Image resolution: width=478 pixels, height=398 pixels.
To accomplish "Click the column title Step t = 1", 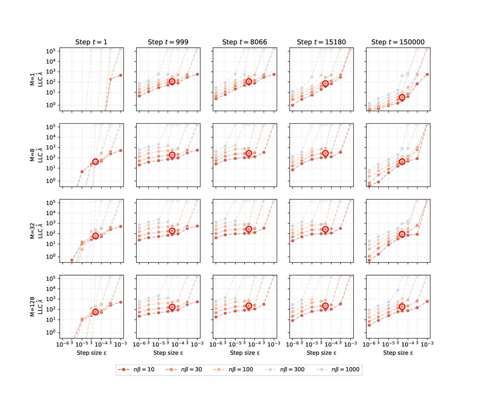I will tap(91, 42).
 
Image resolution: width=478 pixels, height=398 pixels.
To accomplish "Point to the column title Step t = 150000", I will tap(398, 42).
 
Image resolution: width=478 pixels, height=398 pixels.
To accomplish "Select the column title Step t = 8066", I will tap(245, 42).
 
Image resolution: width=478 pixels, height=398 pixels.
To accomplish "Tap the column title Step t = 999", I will tap(168, 42).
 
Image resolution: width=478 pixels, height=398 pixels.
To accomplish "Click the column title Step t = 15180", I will tap(321, 42).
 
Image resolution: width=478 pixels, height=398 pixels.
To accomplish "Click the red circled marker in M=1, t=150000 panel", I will tap(402, 97).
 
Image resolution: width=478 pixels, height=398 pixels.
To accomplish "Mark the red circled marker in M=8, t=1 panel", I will tap(96, 162).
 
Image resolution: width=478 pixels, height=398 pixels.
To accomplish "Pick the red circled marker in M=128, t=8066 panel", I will tap(249, 306).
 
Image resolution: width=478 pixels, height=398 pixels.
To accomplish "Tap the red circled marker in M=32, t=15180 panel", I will tap(325, 229).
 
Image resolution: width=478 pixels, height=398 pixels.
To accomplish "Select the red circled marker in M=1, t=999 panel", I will tap(172, 81).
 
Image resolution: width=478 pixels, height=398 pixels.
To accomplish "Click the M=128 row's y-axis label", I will tap(36, 307).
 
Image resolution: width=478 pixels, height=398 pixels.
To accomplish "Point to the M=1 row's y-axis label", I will tap(36, 79).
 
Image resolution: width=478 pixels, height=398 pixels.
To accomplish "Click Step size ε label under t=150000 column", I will tap(398, 353).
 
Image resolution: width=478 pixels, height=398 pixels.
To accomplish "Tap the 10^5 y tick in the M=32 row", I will tap(51, 203).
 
